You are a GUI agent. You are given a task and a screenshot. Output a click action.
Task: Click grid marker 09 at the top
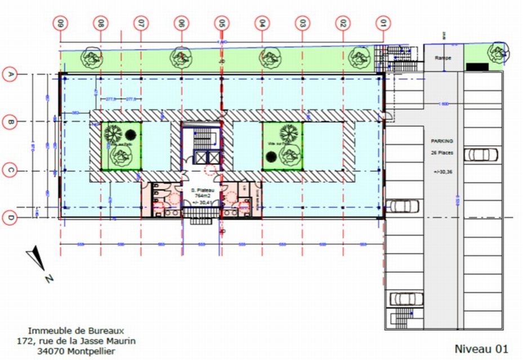coord(60,24)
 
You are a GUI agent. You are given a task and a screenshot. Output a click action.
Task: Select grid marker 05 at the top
coord(222,24)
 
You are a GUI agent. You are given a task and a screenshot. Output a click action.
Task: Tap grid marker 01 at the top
coord(383,24)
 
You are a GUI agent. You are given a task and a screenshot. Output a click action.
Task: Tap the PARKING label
coord(442,141)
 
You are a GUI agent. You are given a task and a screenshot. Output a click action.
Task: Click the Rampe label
coord(442,58)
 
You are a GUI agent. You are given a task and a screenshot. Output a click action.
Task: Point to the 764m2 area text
coord(202,196)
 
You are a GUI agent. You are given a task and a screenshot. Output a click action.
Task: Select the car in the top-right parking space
coord(480,154)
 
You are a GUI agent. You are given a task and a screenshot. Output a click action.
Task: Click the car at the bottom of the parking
coord(403,298)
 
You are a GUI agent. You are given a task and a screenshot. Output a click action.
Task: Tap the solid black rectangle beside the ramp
coord(477,67)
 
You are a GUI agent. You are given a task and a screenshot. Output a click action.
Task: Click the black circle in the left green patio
coord(131,135)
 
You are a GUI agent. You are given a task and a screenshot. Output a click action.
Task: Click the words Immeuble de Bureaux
coord(76,330)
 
